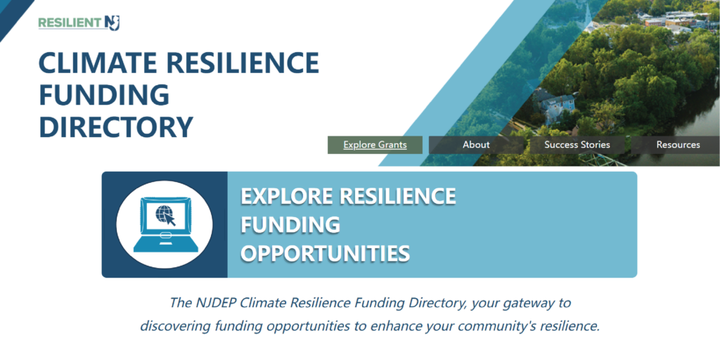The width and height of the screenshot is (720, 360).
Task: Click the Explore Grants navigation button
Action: coord(375,145)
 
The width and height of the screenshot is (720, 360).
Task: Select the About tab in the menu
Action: coord(476,145)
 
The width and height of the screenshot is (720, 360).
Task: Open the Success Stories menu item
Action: coord(577,145)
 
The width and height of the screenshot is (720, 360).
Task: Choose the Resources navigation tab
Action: coord(678,145)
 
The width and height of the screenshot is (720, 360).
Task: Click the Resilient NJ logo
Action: coord(79,22)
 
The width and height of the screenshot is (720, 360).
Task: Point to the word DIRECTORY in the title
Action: coord(116,127)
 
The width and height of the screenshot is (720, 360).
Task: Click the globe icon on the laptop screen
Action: coord(163,212)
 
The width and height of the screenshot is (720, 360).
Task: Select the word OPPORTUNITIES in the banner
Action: coord(326,254)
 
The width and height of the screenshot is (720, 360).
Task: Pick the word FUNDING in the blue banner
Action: coord(290,225)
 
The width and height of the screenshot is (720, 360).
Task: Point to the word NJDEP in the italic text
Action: coord(214,303)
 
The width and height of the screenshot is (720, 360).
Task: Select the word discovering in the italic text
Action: coord(174,327)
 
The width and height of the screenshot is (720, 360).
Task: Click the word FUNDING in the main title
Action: coord(104,95)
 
